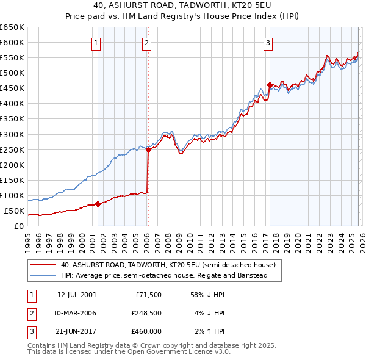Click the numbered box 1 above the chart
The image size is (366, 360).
pyautogui.click(x=97, y=43)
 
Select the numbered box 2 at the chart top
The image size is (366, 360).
pyautogui.click(x=148, y=43)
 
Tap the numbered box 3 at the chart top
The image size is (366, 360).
pyautogui.click(x=268, y=43)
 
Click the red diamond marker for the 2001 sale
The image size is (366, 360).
pyautogui.click(x=98, y=204)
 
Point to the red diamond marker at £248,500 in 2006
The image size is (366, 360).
pyautogui.click(x=148, y=150)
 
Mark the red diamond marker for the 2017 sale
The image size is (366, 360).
pyautogui.click(x=269, y=85)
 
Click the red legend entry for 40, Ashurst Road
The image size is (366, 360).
pyautogui.click(x=168, y=265)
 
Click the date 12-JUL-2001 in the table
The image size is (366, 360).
pyautogui.click(x=77, y=295)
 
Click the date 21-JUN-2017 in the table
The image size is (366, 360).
pyautogui.click(x=77, y=331)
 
